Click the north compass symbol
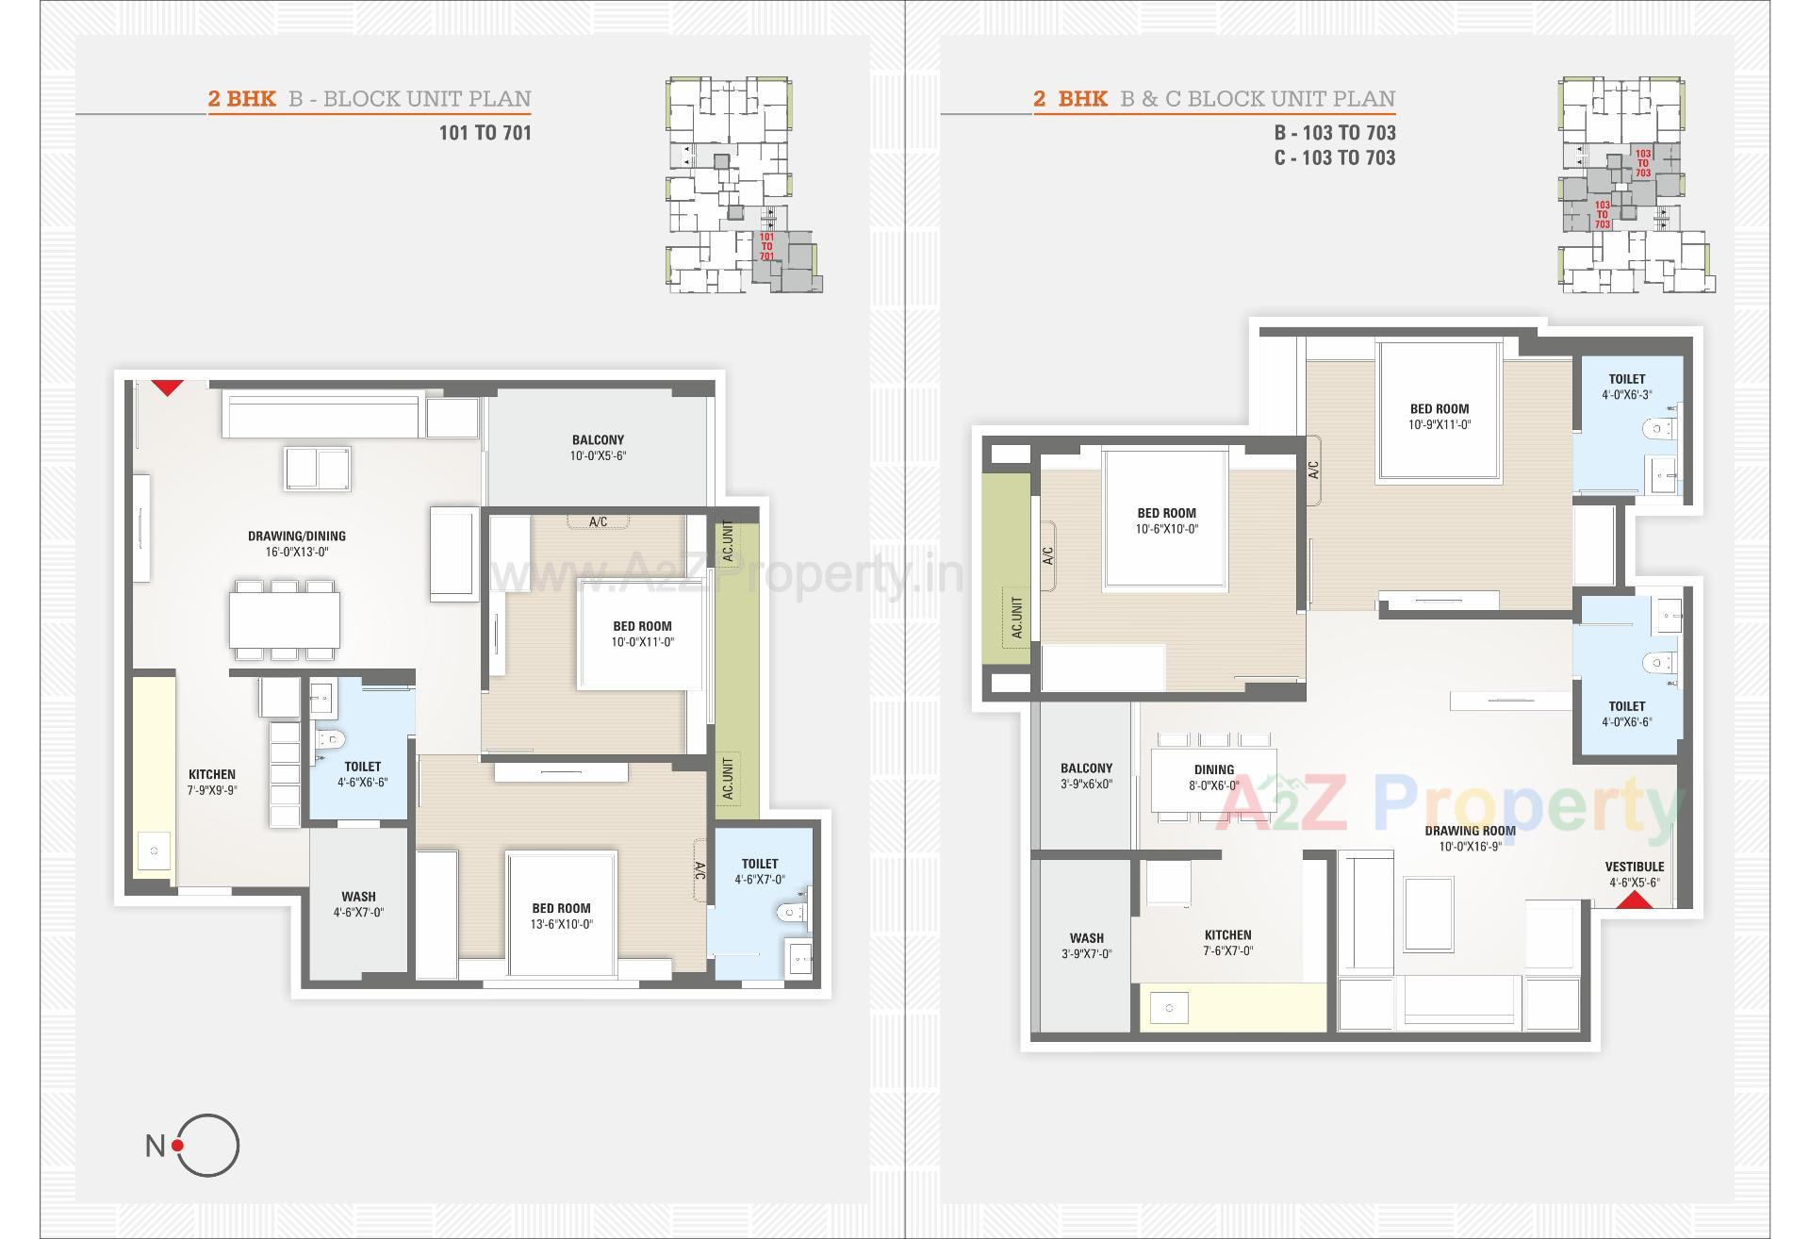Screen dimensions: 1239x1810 coord(206,1145)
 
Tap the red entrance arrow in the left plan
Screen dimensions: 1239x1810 coord(168,387)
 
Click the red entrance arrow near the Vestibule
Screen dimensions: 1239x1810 coord(1635,900)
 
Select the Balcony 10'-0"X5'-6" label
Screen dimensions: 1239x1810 coord(598,448)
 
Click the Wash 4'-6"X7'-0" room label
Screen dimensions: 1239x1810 coord(358,904)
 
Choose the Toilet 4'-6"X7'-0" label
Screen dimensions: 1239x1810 coord(760,871)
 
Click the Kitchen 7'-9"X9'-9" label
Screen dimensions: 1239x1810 coord(212,782)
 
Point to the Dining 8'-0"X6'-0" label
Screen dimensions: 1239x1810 coord(1214,777)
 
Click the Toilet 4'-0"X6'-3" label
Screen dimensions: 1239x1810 coord(1627,387)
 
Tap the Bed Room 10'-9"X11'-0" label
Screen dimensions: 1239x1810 coord(1440,416)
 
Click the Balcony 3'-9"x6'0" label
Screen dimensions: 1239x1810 coord(1086,775)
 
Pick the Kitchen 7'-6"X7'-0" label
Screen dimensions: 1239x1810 coord(1227,943)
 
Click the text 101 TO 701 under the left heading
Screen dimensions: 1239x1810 coord(485,133)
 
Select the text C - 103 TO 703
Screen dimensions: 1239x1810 coord(1334,158)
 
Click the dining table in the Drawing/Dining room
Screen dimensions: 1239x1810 coord(284,619)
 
